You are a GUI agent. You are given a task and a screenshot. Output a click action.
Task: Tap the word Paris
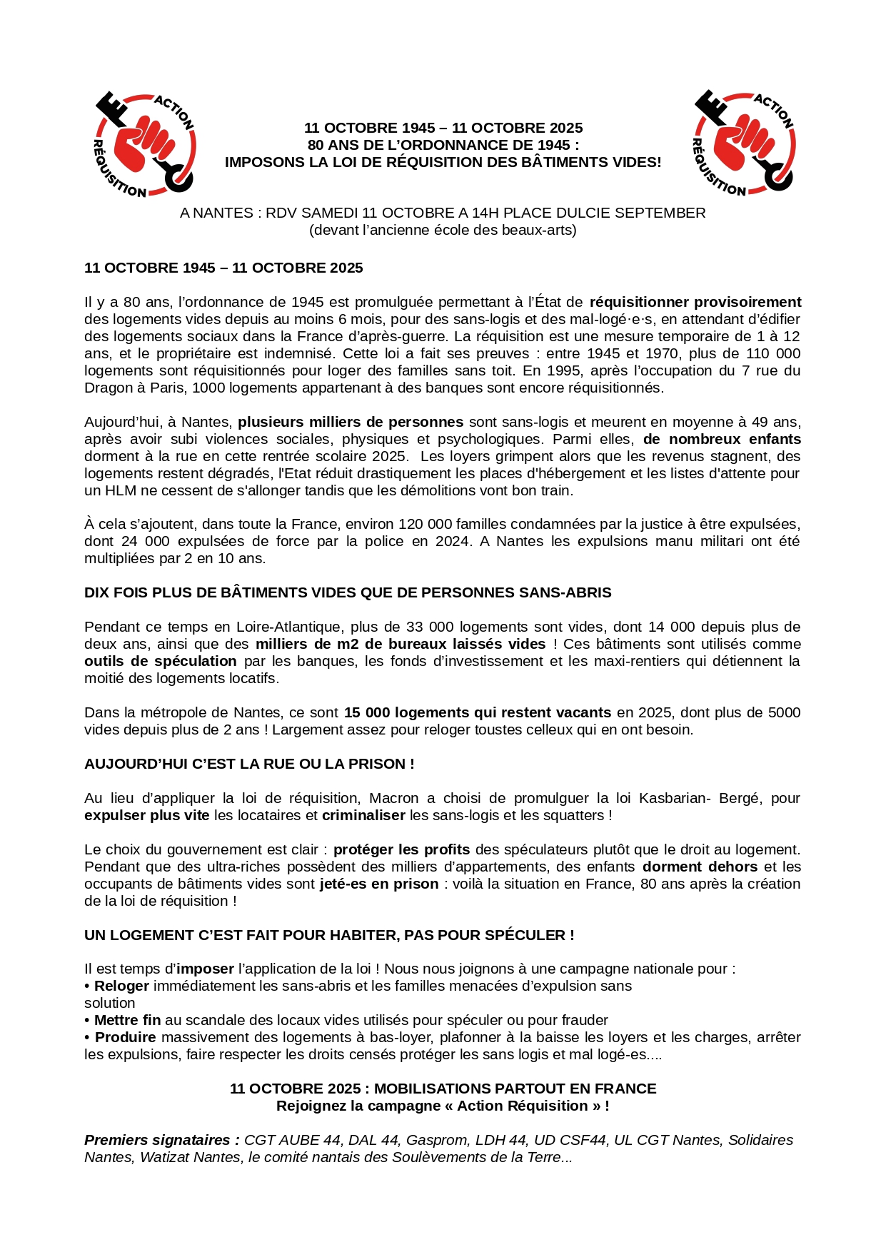(x=168, y=388)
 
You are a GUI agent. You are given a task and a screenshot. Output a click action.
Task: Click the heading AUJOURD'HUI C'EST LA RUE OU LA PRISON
(x=249, y=764)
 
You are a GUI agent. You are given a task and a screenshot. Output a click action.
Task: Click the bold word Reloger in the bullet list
(x=121, y=986)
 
